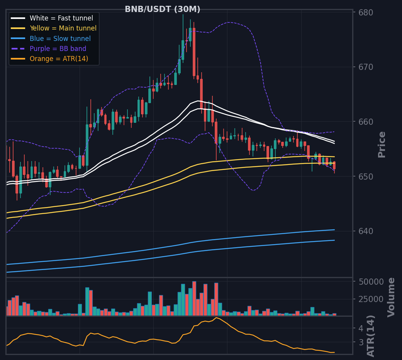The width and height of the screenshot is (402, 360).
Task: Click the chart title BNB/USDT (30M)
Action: pos(162,9)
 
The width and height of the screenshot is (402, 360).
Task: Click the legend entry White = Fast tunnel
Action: pos(61,18)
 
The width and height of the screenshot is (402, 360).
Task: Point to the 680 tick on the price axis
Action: pos(366,13)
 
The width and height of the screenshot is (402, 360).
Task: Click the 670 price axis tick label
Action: pos(366,67)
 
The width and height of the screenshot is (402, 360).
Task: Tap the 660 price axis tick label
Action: pos(366,122)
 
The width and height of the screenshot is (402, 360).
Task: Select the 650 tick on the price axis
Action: pos(366,177)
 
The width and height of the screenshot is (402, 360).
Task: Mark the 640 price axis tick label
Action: pos(366,231)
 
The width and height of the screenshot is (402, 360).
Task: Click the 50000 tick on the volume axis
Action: pos(371,282)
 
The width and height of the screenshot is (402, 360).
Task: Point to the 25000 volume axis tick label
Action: pos(371,299)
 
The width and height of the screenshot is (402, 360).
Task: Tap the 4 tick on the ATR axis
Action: pos(361,328)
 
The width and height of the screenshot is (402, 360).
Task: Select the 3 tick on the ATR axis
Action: pos(361,342)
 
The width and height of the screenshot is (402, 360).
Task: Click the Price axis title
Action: pos(382,144)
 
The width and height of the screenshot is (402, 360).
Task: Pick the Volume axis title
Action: pos(391,297)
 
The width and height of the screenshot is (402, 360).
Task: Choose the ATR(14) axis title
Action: pos(371,336)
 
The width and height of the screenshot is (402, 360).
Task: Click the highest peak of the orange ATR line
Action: pos(216,318)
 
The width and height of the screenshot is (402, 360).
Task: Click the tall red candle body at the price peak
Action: pos(194,52)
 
